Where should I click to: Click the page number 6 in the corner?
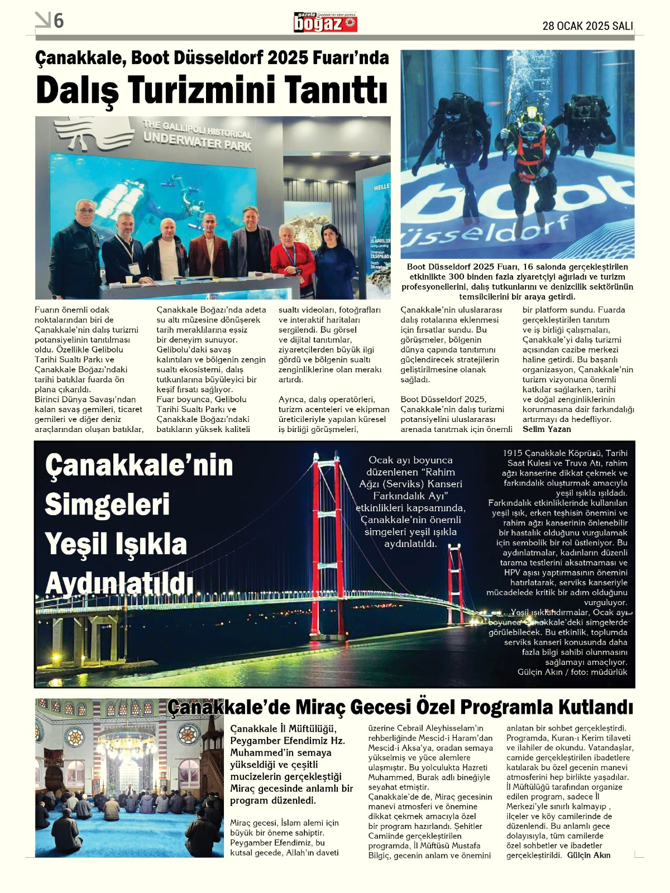[x=59, y=21]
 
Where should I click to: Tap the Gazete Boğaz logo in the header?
[x=326, y=23]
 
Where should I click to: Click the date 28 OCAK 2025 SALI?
[x=587, y=26]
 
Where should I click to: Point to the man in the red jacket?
[x=291, y=260]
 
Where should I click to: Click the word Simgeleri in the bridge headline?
[x=107, y=505]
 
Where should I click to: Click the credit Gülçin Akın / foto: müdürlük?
[x=572, y=672]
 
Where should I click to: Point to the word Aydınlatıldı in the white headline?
[x=119, y=584]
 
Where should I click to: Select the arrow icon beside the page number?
[x=42, y=20]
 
